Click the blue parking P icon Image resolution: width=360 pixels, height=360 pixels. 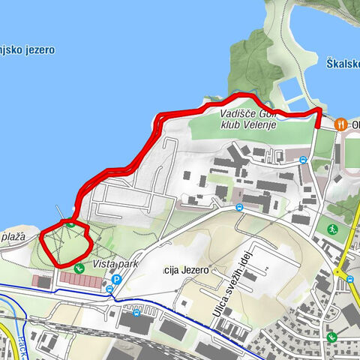pyautogui.click(x=116, y=280)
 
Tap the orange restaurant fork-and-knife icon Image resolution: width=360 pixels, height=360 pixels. pyautogui.click(x=340, y=123)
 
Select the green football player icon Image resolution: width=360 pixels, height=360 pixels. pyautogui.click(x=332, y=229)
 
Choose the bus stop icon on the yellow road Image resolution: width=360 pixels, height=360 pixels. pyautogui.click(x=350, y=278)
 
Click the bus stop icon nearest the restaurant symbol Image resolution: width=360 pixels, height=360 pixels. pyautogui.click(x=303, y=160)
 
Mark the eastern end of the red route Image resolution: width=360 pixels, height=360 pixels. pyautogui.click(x=318, y=126)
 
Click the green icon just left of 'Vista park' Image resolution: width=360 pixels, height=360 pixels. pyautogui.click(x=79, y=266)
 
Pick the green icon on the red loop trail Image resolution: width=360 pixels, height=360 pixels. pyautogui.click(x=70, y=222)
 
